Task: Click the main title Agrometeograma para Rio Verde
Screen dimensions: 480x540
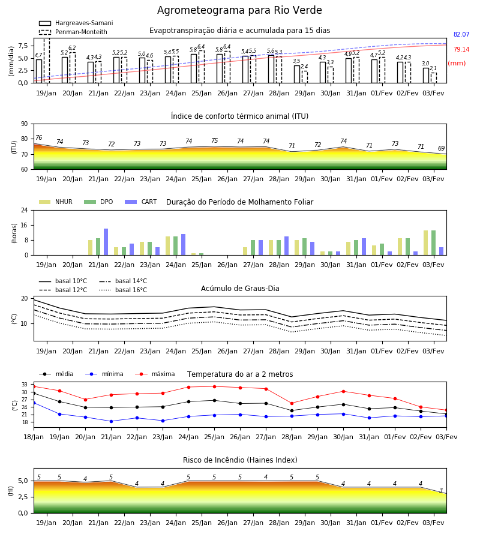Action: [239, 10]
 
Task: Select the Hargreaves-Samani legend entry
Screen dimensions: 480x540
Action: [76, 23]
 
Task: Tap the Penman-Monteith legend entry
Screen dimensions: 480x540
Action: [73, 32]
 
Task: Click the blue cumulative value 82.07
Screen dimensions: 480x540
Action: [461, 34]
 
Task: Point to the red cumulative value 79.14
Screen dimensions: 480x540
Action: [461, 49]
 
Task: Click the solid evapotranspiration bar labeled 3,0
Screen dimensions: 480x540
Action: [426, 76]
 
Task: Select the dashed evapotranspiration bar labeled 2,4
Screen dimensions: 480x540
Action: [305, 77]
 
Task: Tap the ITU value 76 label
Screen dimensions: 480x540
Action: [38, 138]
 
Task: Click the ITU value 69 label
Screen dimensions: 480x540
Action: [441, 148]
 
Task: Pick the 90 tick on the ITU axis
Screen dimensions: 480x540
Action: [24, 124]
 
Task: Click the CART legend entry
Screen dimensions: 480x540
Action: [141, 202]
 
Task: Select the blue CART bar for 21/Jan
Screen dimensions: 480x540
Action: [106, 242]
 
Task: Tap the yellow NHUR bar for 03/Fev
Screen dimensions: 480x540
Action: [426, 243]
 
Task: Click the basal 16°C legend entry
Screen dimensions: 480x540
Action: [123, 290]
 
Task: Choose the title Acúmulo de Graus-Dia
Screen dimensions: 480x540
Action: [240, 289]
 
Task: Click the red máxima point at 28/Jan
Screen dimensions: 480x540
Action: [292, 403]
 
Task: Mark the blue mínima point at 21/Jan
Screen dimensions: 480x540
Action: [111, 421]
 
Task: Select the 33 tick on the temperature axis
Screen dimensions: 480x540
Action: [24, 385]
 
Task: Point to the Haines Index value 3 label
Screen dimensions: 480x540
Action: [441, 490]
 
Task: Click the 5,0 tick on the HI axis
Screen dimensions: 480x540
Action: [23, 481]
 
